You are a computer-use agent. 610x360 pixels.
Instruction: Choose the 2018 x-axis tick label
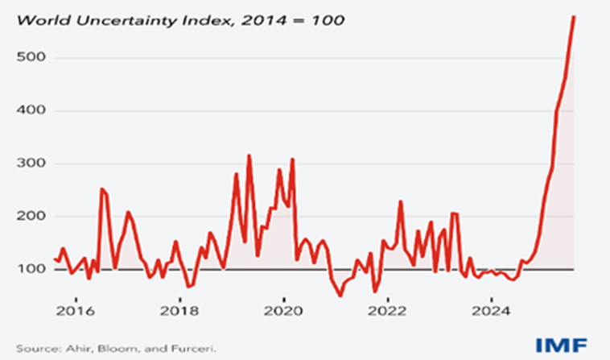[179, 311]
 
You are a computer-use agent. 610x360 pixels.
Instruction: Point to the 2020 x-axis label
[283, 311]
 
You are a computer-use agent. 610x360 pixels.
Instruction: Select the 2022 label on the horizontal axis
[389, 311]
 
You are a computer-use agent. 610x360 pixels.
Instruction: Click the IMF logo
[567, 344]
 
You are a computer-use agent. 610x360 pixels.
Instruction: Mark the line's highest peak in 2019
[249, 155]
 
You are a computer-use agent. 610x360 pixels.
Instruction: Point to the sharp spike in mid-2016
[101, 189]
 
